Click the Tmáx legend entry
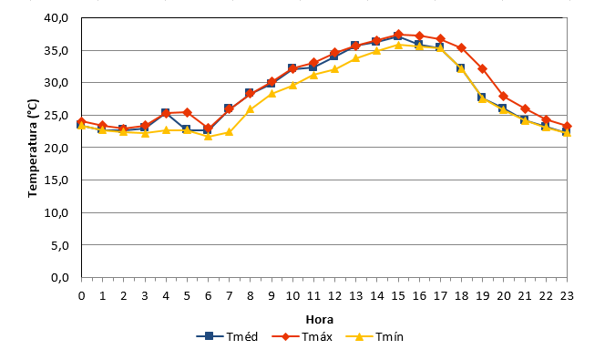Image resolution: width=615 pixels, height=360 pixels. (x=302, y=336)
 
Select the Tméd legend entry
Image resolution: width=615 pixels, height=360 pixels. (x=227, y=336)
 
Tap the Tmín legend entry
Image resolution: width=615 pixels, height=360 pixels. (x=375, y=336)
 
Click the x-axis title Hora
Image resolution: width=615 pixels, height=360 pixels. (x=320, y=320)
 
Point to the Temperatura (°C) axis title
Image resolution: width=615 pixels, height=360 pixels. (x=33, y=149)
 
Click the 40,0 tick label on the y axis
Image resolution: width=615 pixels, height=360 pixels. (x=56, y=18)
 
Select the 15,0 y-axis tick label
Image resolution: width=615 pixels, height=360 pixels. (x=56, y=180)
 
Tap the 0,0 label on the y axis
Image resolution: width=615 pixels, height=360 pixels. (x=60, y=278)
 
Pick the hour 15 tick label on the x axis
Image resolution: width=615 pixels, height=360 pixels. (x=398, y=295)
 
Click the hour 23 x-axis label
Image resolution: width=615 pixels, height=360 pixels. (x=567, y=295)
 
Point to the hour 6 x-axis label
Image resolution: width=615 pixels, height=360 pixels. (x=209, y=295)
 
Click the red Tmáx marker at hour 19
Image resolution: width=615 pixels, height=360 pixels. (x=482, y=69)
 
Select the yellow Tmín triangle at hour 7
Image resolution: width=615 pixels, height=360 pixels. (x=230, y=132)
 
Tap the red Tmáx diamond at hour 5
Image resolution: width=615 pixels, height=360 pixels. (x=187, y=112)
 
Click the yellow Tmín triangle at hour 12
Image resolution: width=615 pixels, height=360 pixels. (x=334, y=69)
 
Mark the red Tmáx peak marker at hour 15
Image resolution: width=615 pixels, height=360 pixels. (x=398, y=35)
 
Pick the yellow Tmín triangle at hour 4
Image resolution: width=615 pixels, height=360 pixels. (x=166, y=129)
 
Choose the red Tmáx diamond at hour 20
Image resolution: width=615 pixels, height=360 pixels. (x=504, y=97)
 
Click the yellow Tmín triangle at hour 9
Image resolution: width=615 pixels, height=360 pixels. (x=272, y=93)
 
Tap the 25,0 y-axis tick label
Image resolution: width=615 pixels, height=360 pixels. (x=56, y=116)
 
